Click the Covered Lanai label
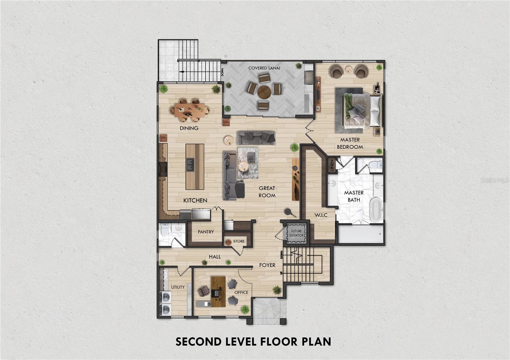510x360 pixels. point(264,68)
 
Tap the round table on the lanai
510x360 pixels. point(264,92)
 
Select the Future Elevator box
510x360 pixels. point(296,233)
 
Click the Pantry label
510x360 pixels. point(206,232)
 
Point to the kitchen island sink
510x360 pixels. point(191,164)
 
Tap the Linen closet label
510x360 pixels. point(332,165)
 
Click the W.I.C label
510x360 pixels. point(321,215)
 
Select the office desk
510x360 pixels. point(218,291)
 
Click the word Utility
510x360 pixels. point(178,287)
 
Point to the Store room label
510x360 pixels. point(239,241)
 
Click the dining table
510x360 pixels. point(190,110)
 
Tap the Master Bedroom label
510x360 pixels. point(350,143)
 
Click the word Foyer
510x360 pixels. point(267,265)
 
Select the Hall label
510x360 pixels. point(215,257)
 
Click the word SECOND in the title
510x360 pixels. point(198,342)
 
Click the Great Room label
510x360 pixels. point(267,191)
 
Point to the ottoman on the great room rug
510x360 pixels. point(251,156)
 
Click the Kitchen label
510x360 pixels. point(195,200)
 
